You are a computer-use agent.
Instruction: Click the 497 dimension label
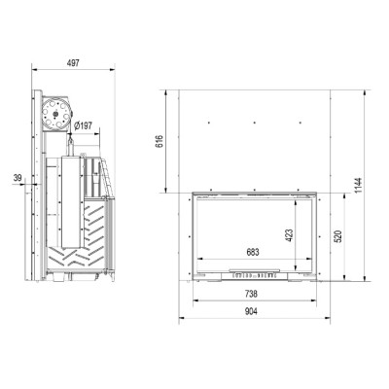[x=73, y=63]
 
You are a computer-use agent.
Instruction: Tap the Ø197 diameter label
[x=83, y=125]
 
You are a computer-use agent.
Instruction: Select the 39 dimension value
[x=18, y=178]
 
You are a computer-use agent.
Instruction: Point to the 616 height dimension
[x=159, y=141]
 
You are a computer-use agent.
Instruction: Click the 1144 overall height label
[x=358, y=185]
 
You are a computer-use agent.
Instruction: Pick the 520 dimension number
[x=337, y=237]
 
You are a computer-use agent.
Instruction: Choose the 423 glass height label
[x=289, y=235]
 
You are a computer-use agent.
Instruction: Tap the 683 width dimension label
[x=253, y=252]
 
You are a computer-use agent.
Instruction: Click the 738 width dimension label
[x=251, y=294]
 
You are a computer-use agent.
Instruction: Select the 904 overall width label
[x=251, y=311]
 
